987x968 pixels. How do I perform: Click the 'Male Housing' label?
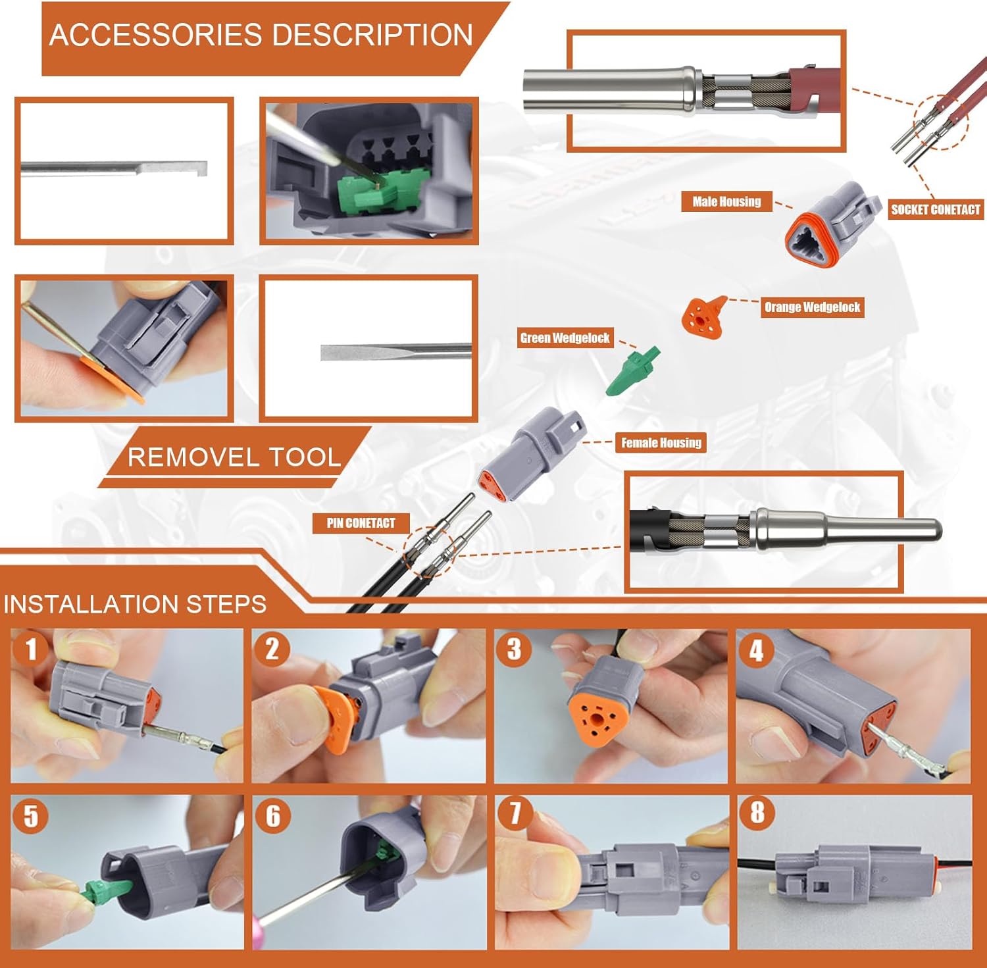[x=726, y=201]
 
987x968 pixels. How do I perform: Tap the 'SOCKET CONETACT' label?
[x=935, y=209]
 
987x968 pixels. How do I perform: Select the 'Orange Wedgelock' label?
[x=812, y=307]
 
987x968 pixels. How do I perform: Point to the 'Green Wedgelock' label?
[x=565, y=338]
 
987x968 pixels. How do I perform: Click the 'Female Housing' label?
[x=661, y=442]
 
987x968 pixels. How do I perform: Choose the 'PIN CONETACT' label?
[x=361, y=523]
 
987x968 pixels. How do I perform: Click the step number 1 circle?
[x=30, y=649]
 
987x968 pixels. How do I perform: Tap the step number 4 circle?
[x=756, y=650]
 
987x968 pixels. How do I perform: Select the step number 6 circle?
[x=272, y=816]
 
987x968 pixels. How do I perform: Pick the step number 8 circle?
[x=757, y=812]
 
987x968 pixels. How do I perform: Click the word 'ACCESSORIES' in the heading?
[x=155, y=35]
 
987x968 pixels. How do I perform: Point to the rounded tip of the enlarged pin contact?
[x=934, y=530]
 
